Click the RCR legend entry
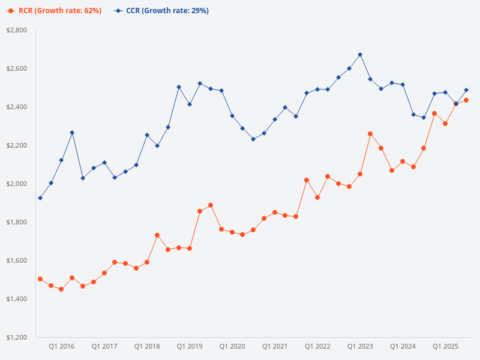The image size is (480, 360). click(54, 11)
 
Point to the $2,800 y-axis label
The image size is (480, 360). click(16, 30)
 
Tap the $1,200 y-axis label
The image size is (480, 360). click(16, 337)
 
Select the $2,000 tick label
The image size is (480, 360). click(16, 184)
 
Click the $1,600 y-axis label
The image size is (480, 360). click(16, 260)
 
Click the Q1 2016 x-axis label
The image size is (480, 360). click(62, 347)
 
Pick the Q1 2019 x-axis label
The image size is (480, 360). click(190, 347)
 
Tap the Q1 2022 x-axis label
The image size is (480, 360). click(317, 347)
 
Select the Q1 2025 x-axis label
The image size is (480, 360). click(446, 347)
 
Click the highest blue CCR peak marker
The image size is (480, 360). click(360, 55)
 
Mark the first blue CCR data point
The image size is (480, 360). click(40, 198)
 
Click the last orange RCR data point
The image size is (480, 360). click(466, 100)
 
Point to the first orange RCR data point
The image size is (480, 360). click(40, 279)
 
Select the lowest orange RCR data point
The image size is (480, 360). click(61, 289)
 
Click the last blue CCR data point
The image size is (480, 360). click(466, 90)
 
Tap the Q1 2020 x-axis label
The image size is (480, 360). click(232, 347)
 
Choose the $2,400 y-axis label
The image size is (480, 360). click(16, 107)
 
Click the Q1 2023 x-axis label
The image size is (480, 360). click(360, 347)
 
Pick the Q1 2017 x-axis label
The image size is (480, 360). click(104, 347)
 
